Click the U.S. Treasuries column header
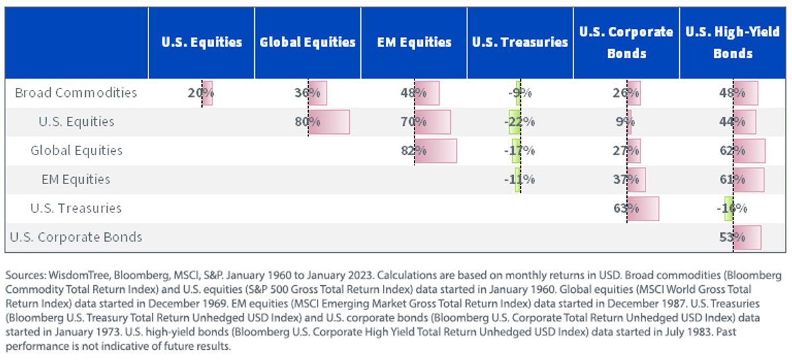pos(520,42)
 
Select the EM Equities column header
pos(414,42)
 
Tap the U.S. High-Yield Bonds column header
pos(733,42)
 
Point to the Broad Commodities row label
pos(76,92)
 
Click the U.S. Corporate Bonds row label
pos(76,237)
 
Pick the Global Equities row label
pos(77,150)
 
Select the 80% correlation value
pos(308,121)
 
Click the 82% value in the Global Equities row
pos(414,150)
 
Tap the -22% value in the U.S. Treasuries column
pos(519,121)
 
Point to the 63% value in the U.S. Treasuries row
pos(626,209)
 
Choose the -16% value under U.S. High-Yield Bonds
pos(732,209)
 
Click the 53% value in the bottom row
pos(732,237)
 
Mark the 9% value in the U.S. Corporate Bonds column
pos(625,121)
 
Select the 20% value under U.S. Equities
pos(201,92)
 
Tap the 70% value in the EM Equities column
pos(414,121)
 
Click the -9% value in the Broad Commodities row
pos(520,92)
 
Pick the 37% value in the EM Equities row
pos(626,180)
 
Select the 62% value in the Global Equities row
pos(732,150)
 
